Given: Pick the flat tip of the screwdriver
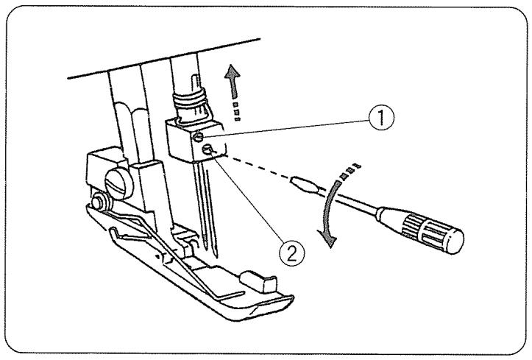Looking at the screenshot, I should [297, 180].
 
